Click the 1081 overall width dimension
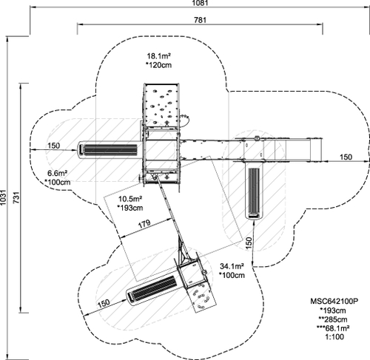200,3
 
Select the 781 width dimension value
200,20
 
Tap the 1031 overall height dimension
3,197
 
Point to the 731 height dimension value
16,197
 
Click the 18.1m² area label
159,56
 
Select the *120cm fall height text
158,65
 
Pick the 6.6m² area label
57,173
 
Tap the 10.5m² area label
130,199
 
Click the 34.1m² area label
232,266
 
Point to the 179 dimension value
144,223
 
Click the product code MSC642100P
334,301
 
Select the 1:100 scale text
334,337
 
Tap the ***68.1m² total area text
333,328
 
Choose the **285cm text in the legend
333,319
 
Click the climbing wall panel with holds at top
161,105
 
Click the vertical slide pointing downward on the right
254,190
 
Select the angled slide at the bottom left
153,288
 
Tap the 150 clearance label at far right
346,157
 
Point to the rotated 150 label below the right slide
249,242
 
